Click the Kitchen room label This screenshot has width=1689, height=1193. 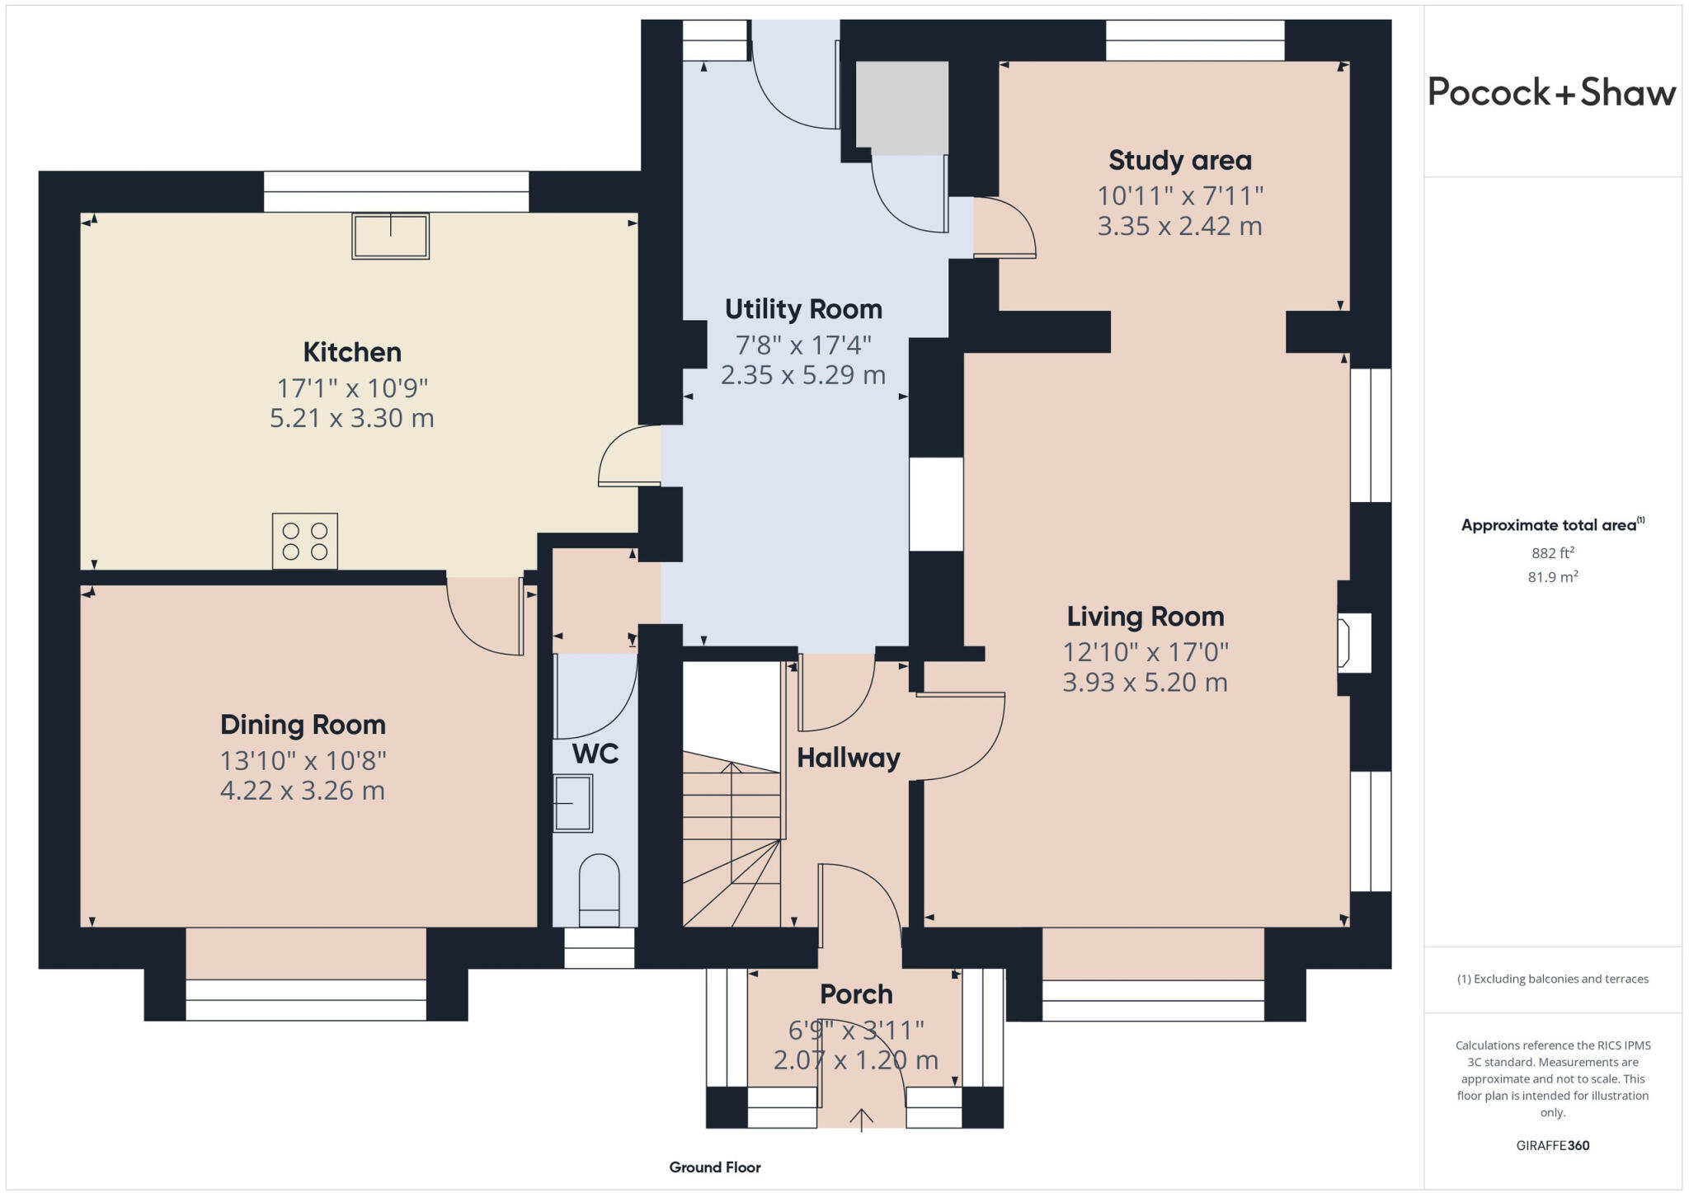point(352,352)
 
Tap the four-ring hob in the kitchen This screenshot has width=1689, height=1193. point(305,541)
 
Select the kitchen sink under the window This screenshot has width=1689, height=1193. point(391,236)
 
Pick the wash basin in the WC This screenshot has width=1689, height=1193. point(572,803)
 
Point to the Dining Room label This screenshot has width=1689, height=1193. point(303,725)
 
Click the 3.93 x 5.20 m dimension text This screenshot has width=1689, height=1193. point(1145,683)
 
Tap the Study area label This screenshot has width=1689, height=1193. point(1179,160)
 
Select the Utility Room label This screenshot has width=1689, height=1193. point(803,309)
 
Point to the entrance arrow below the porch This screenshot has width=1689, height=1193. point(861,1120)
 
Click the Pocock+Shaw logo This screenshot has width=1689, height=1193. point(1551,92)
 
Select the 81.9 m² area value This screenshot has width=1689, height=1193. point(1552,577)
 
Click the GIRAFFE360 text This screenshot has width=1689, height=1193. point(1552,1145)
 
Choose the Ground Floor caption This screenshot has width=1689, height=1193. point(714,1167)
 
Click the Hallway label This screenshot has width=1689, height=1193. point(848,758)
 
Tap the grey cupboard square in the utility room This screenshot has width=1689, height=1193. point(902,108)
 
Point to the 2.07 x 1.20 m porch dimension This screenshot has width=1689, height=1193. point(855,1060)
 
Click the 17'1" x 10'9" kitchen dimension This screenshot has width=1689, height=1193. point(352,387)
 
